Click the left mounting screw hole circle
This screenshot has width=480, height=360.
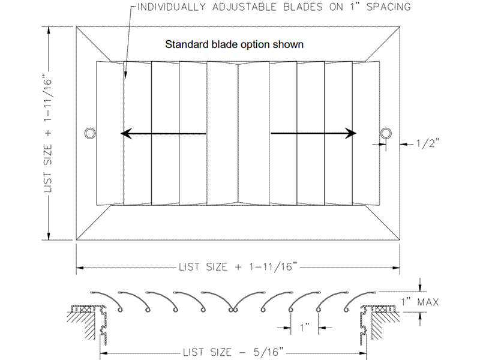point(90,129)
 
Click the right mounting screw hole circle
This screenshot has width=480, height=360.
point(386,129)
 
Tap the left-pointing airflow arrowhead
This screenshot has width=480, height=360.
point(126,133)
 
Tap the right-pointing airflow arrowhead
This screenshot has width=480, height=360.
point(351,133)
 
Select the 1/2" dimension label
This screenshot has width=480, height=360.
point(428,143)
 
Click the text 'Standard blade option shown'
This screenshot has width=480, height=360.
point(235,44)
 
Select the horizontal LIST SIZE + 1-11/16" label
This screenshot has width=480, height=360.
point(238,267)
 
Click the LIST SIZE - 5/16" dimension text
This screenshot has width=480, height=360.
point(233,352)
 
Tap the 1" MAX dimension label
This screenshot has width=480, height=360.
point(420,302)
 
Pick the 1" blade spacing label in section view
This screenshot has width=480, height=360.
point(305,327)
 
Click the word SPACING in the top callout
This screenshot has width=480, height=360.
point(388,7)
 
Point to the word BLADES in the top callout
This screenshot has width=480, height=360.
point(303,7)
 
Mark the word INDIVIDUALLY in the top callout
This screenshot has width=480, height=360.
point(172,7)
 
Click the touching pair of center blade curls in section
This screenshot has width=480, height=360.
point(233,310)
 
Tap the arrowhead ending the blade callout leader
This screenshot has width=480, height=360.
point(125,74)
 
